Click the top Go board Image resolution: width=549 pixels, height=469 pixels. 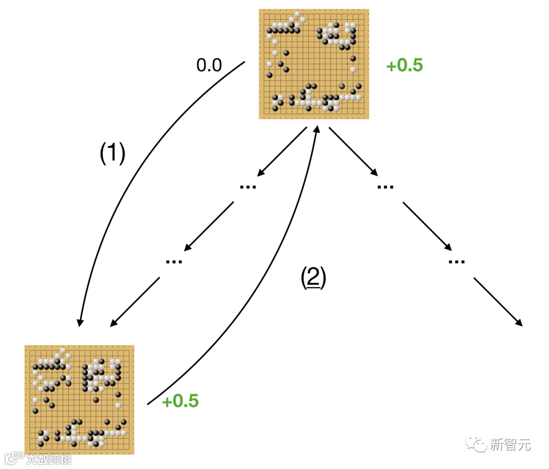(x=314, y=64)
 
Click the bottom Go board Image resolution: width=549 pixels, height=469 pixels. (x=79, y=399)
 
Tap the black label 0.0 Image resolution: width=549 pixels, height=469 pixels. (x=209, y=65)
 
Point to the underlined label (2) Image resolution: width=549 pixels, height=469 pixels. (x=313, y=277)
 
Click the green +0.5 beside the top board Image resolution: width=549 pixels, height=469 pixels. (x=405, y=66)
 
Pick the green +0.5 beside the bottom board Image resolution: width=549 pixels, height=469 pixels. (x=180, y=401)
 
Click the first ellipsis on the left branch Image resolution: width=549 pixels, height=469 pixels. (x=248, y=186)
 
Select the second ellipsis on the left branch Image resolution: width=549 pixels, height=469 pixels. (x=174, y=261)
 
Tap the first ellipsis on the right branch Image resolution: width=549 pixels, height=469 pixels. (x=386, y=186)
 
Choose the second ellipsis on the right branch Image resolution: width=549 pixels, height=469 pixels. (x=457, y=261)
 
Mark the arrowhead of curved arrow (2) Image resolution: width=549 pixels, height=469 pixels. (x=318, y=130)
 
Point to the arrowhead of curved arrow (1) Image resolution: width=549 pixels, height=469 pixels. (x=79, y=322)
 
